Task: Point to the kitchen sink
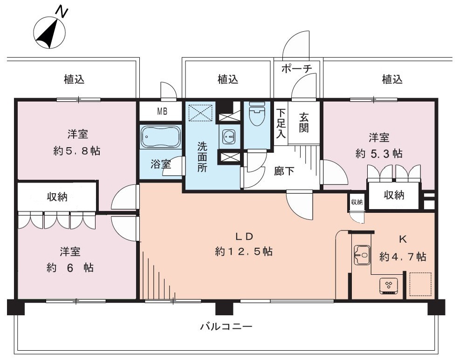[x=362, y=255]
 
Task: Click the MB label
[x=162, y=111]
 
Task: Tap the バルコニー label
[x=226, y=327]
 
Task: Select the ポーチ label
[x=296, y=69]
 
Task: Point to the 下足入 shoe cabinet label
[x=281, y=123]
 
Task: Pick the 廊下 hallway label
[x=284, y=171]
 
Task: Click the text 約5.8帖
[x=77, y=151]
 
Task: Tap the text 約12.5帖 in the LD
[x=244, y=251]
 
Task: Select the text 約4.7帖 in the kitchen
[x=403, y=256]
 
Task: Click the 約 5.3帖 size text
[x=379, y=154]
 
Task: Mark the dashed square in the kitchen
[x=420, y=284]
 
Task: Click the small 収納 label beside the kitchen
[x=357, y=202]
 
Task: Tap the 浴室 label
[x=161, y=164]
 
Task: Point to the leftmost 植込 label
[x=74, y=79]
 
